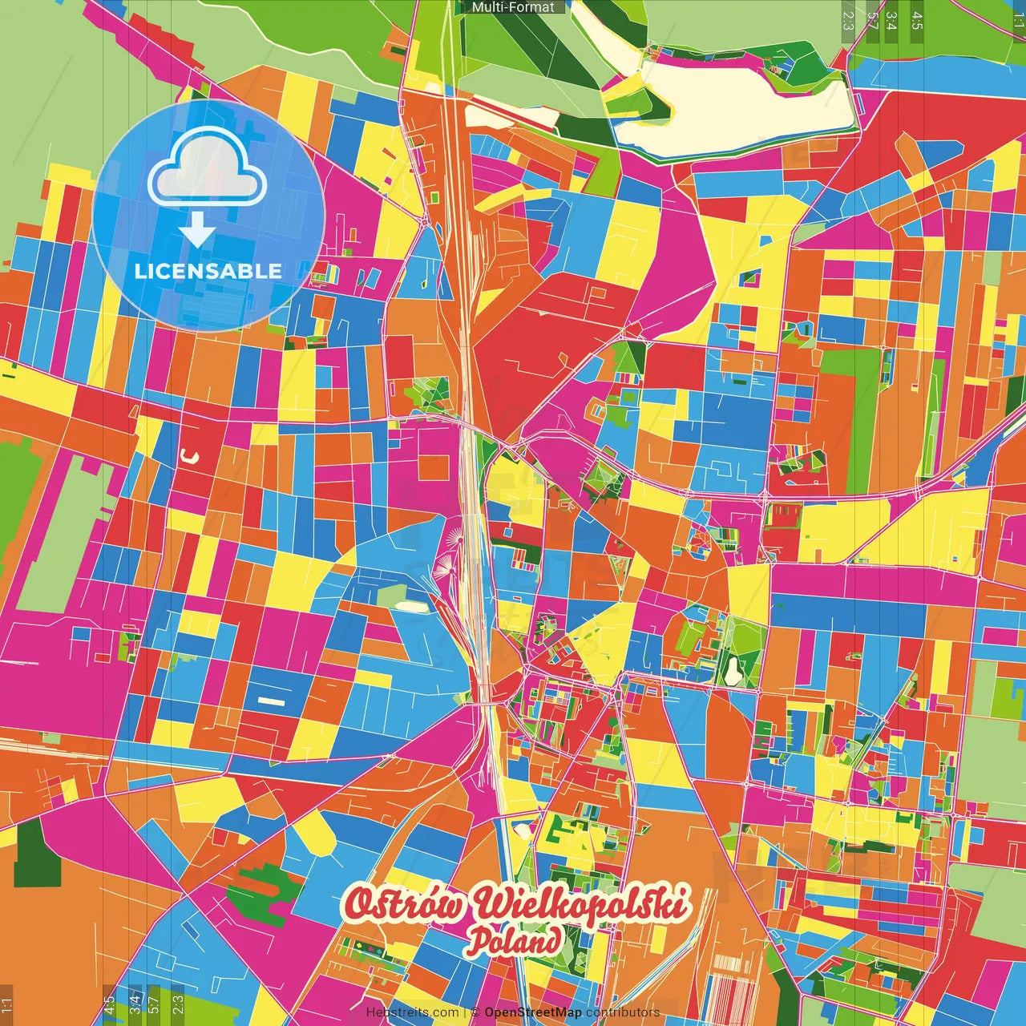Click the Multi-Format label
(513, 7)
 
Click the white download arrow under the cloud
(196, 230)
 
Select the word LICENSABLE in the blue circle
(208, 271)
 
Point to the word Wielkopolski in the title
(581, 903)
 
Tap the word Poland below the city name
(515, 940)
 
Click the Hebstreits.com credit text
(412, 1012)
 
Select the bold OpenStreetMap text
(532, 1012)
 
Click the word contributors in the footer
(622, 1012)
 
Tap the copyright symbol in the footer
(475, 1012)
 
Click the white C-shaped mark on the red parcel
(188, 456)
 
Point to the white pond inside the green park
(733, 672)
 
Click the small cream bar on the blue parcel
(271, 701)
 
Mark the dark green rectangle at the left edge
(36, 855)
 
